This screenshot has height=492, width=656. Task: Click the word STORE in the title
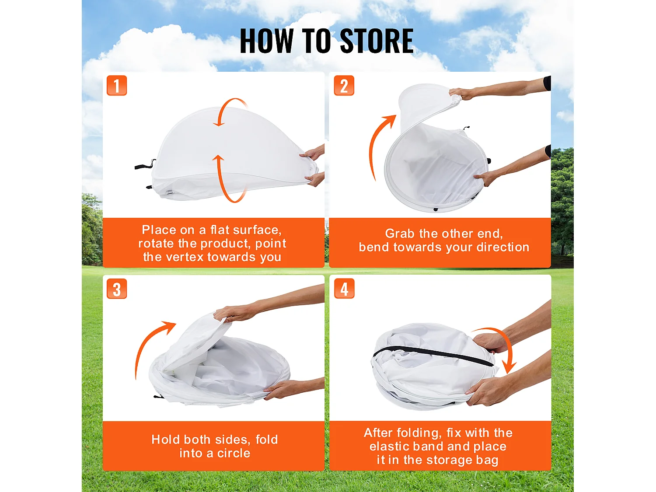[377, 41]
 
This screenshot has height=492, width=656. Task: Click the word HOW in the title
[267, 41]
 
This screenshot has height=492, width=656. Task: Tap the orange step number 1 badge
[117, 85]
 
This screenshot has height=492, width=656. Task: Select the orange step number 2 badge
[344, 85]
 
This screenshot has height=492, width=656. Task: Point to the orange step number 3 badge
[117, 289]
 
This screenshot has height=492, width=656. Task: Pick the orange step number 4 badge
[344, 289]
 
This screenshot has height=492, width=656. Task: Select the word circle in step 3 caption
[234, 454]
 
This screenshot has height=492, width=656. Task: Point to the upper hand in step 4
[490, 342]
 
